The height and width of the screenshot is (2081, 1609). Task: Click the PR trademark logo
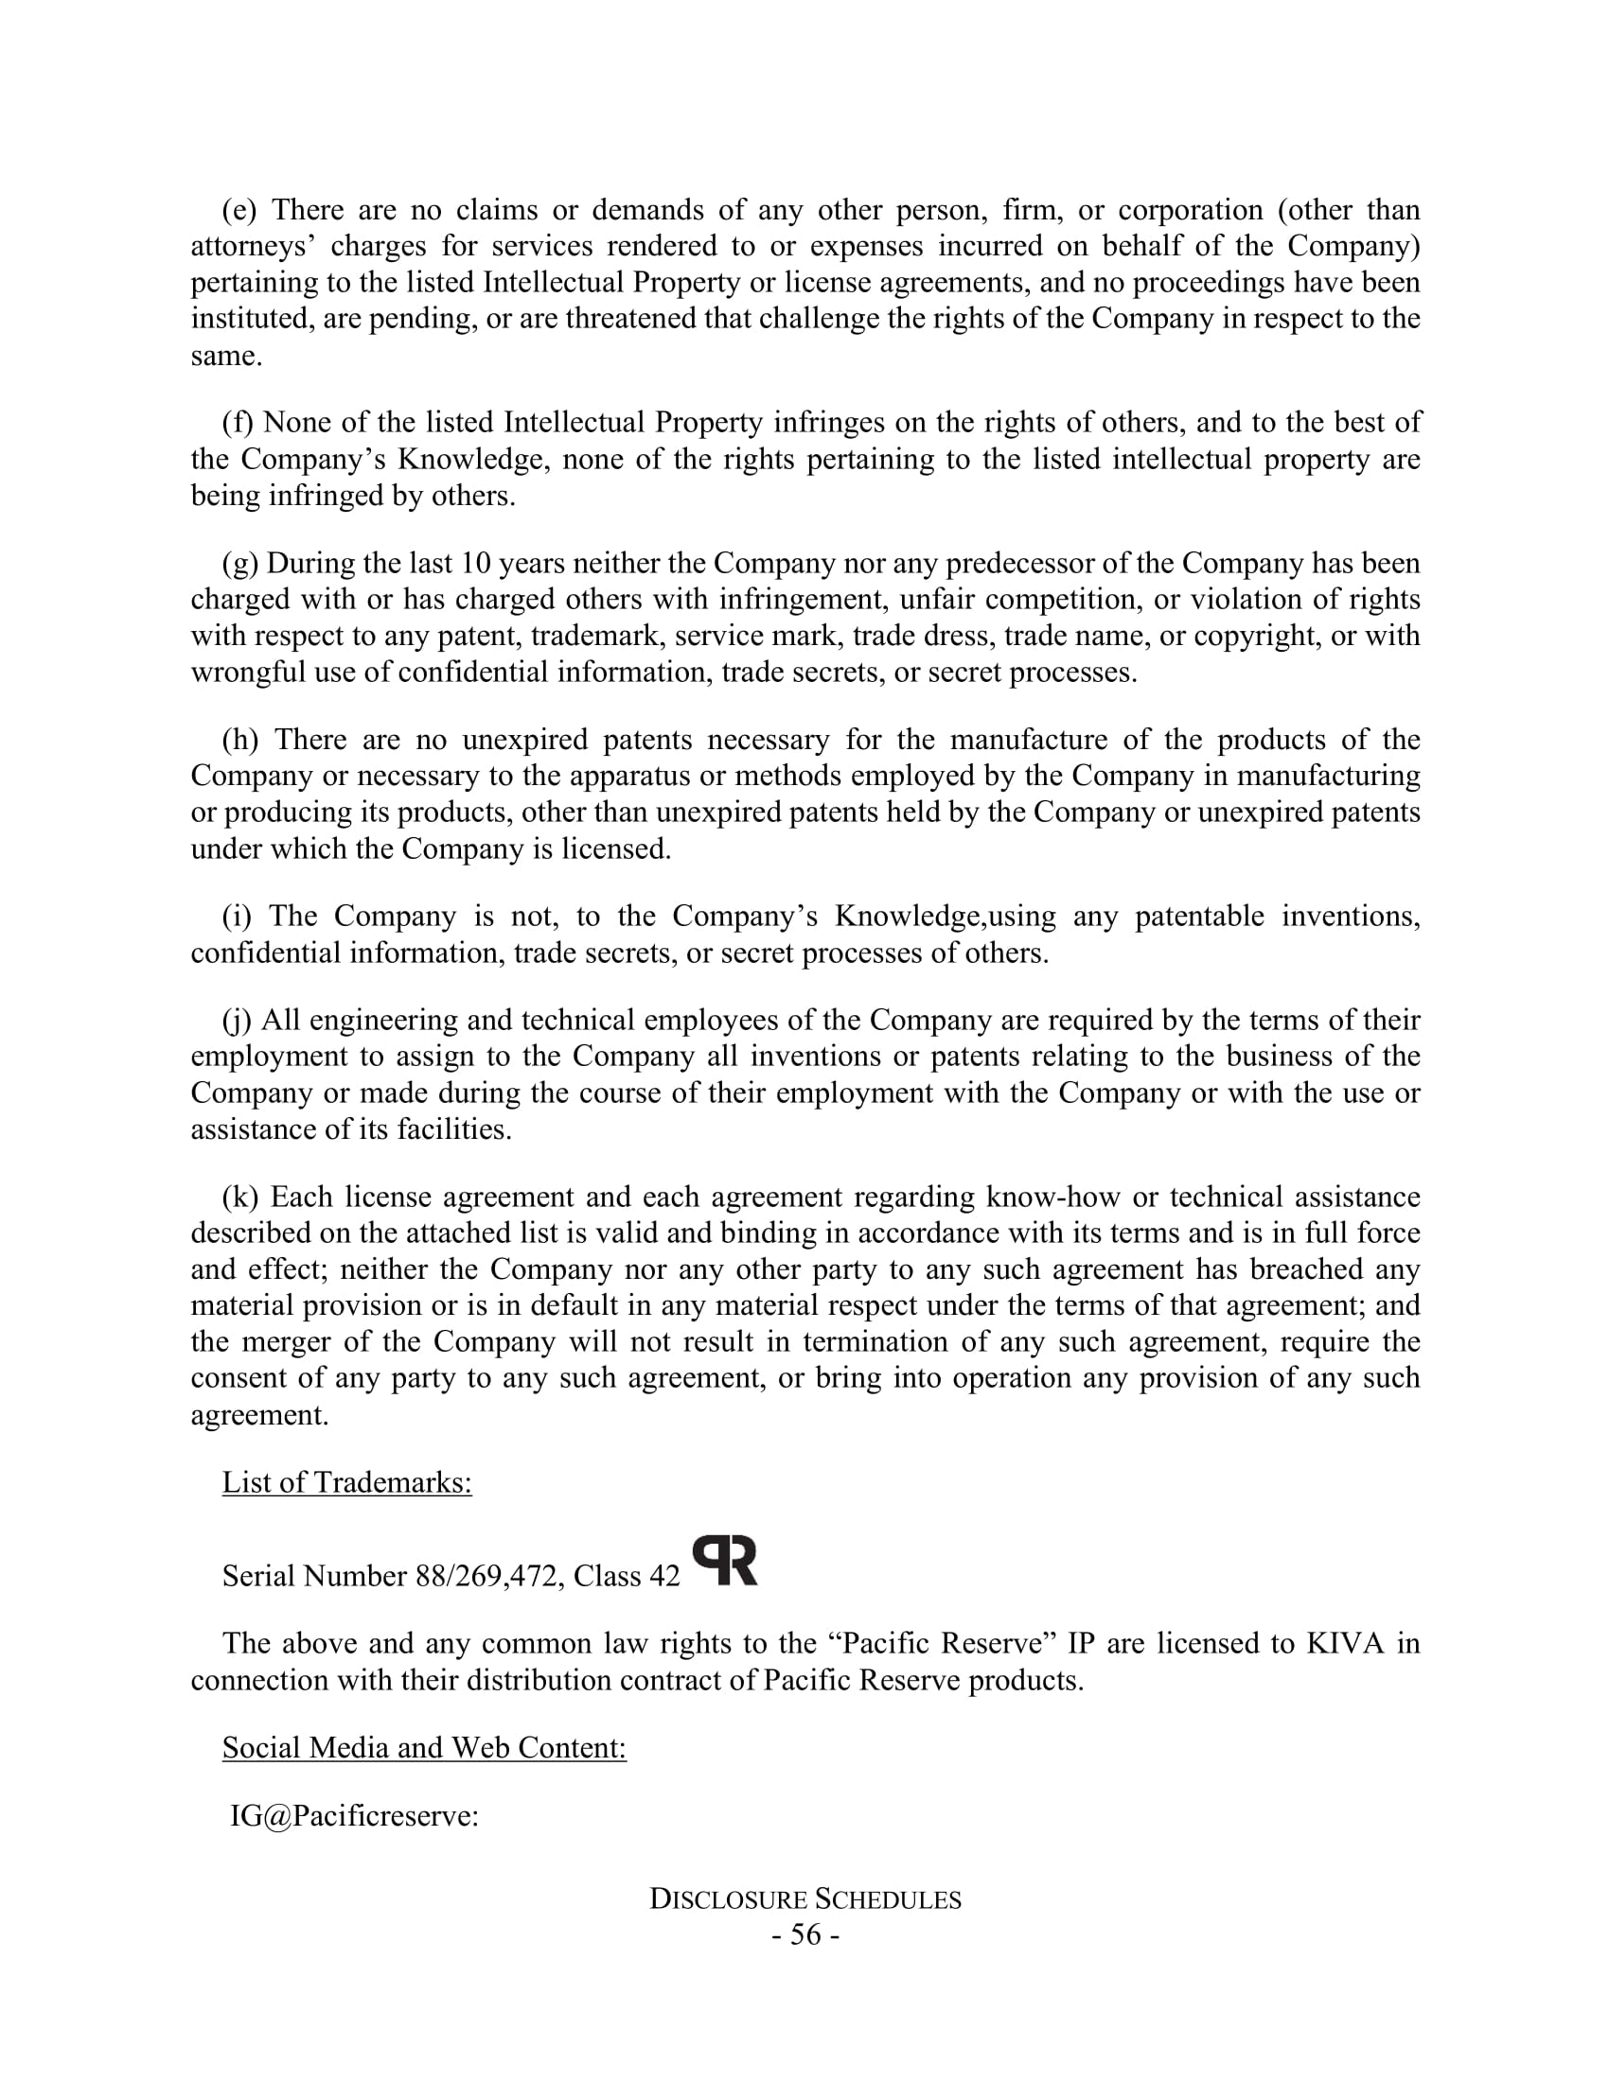click(724, 1561)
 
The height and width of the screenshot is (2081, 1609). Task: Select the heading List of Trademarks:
click(347, 1482)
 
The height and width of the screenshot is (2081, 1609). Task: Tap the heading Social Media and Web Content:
click(424, 1747)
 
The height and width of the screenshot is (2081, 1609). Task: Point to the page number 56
click(805, 1935)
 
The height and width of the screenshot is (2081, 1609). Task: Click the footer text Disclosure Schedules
click(805, 1899)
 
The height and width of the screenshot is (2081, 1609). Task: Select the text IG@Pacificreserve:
click(354, 1816)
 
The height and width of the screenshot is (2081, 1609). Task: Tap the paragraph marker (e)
click(240, 210)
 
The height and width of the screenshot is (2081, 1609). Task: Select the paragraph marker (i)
click(238, 916)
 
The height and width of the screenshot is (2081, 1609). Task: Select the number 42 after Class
click(664, 1576)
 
